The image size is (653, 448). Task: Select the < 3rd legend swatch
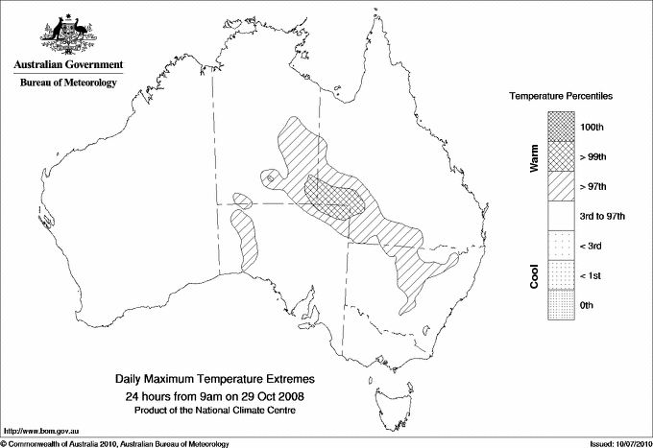click(562, 247)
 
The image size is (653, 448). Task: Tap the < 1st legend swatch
click(562, 276)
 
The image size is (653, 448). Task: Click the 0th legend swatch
click(562, 306)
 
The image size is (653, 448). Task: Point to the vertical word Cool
click(533, 276)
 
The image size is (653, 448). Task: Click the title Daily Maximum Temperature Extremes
click(215, 380)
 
